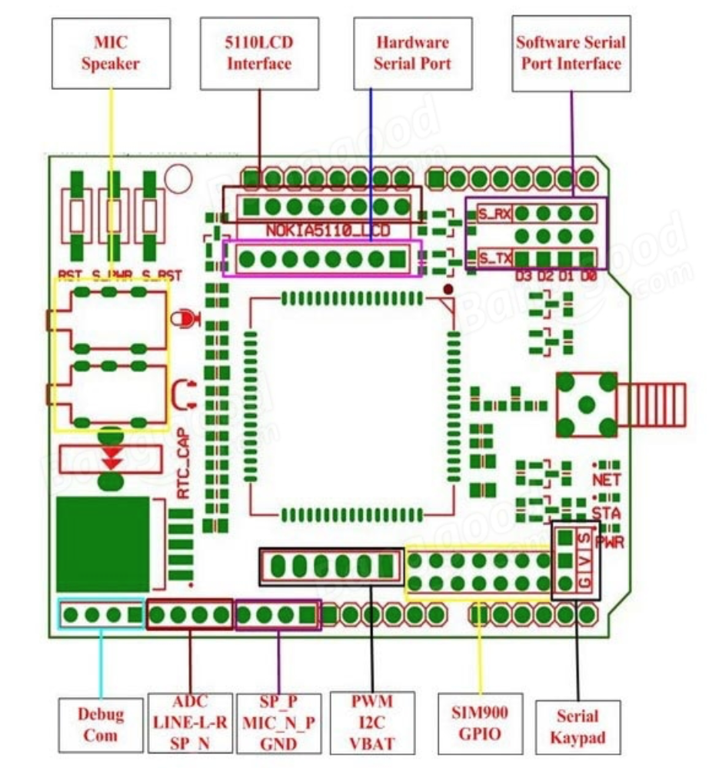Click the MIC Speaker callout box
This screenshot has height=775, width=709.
[x=110, y=53]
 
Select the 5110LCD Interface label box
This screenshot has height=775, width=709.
[x=258, y=53]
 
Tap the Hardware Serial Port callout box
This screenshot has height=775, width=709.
[x=412, y=53]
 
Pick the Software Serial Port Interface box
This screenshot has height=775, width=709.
[x=571, y=53]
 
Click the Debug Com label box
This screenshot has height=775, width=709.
[x=101, y=724]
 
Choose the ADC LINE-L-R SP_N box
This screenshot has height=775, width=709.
[x=189, y=722]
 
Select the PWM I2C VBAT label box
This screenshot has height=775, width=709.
[x=371, y=723]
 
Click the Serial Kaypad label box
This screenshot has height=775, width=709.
[x=577, y=727]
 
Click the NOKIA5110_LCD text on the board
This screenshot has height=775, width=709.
[x=328, y=230]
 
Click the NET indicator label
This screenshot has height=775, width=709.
[x=606, y=480]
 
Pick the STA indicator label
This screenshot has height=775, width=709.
[x=606, y=511]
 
